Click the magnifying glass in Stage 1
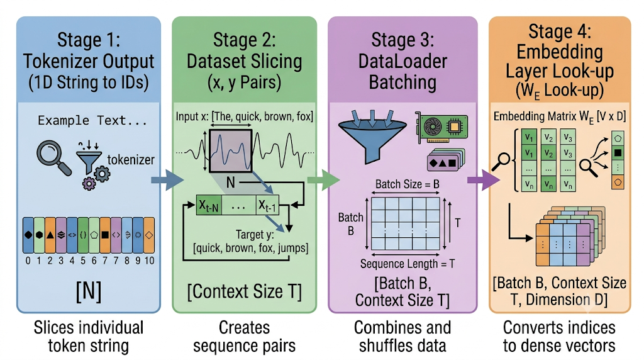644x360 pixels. click(53, 158)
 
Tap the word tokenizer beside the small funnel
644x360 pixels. click(131, 159)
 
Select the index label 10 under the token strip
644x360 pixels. click(149, 261)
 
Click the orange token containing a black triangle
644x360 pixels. click(50, 235)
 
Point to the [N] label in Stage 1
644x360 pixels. click(88, 291)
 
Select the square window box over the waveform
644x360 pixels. click(230, 150)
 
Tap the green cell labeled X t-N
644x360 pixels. click(209, 205)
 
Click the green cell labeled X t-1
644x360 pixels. click(267, 205)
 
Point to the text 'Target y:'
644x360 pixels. click(255, 235)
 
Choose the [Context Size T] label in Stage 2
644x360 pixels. click(245, 292)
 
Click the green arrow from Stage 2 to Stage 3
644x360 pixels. click(324, 179)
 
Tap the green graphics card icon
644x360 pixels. click(441, 127)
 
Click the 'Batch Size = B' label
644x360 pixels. click(408, 184)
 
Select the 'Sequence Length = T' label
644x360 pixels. click(408, 264)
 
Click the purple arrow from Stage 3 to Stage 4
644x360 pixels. click(484, 180)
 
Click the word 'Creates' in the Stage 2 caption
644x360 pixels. click(245, 327)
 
